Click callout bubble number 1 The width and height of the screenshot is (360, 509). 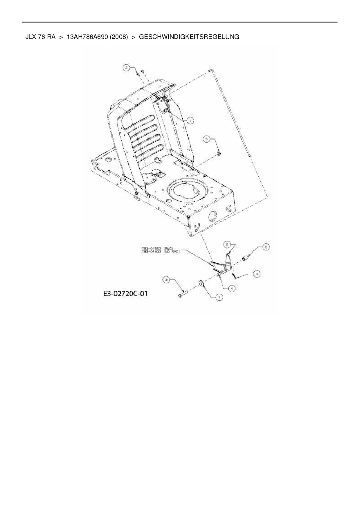tap(190, 120)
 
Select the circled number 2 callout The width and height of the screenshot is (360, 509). tap(126, 68)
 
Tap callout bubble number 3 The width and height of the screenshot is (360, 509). tap(166, 280)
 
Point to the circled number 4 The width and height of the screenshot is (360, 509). tap(231, 288)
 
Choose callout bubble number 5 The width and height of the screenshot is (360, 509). tap(207, 139)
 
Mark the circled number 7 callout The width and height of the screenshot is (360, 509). tap(219, 297)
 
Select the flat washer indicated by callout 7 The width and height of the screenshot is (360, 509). tap(201, 283)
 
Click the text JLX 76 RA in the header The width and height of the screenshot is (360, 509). tap(40, 37)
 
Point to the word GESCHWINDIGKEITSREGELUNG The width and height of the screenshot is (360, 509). tap(189, 37)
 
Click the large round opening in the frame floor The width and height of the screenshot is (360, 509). tap(188, 192)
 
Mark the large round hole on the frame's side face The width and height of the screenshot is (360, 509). tap(213, 216)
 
